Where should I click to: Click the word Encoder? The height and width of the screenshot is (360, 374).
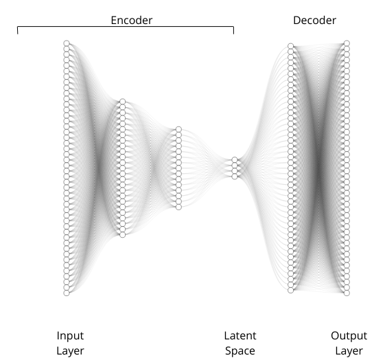pos(132,21)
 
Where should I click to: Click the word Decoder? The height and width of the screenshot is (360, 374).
pos(314,21)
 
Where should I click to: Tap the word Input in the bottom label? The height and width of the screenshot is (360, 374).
pos(70,336)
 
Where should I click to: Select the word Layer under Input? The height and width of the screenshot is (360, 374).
pos(70,351)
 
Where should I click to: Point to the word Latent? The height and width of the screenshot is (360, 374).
pos(240,336)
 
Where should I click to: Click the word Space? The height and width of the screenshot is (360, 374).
pos(240,351)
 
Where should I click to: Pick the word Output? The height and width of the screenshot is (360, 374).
pos(349,336)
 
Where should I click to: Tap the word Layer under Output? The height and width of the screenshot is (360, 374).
pos(349,351)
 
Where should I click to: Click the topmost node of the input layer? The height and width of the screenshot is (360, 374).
pos(67,43)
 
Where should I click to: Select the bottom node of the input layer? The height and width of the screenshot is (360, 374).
pos(67,293)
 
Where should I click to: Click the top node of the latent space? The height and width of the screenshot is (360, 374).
pos(235,159)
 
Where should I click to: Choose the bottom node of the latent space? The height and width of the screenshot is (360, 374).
pos(235,177)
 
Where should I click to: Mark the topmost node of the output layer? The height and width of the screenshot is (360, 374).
pos(347,43)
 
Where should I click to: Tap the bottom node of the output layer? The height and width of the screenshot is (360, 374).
pos(347,293)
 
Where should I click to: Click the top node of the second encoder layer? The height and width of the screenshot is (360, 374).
pos(123,102)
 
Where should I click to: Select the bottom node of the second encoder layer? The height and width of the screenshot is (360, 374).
pos(123,235)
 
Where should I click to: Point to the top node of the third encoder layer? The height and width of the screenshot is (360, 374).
pos(178,129)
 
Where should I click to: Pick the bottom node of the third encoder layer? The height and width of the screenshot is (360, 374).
pos(178,207)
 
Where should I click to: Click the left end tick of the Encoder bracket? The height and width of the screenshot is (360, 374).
pos(18,30)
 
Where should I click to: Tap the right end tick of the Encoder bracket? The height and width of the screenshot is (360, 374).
pos(233,30)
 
